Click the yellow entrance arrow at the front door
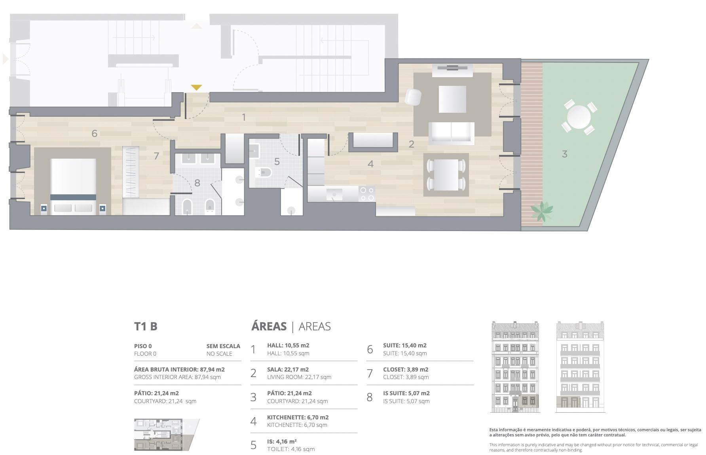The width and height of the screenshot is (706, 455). click(196, 87)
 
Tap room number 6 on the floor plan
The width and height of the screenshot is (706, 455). click(94, 133)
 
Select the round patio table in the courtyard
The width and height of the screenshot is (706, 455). click(579, 117)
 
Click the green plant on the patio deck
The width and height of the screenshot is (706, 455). click(541, 211)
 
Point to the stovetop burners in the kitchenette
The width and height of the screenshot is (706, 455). click(367, 194)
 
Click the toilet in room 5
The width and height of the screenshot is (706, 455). click(264, 173)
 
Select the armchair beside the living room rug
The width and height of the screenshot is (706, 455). click(413, 97)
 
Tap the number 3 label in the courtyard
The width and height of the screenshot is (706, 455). click(565, 154)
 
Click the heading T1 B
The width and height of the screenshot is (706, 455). click(146, 326)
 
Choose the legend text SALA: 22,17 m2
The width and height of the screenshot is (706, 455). click(288, 370)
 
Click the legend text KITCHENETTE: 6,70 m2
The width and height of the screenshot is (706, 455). click(298, 417)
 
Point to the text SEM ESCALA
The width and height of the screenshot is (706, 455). click(223, 346)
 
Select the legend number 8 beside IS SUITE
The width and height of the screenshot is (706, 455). click(370, 397)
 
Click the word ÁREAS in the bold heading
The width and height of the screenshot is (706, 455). click(269, 326)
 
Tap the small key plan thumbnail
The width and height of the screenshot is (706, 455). click(167, 434)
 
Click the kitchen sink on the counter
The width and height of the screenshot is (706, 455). click(334, 194)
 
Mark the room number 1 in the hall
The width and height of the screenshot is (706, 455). click(244, 118)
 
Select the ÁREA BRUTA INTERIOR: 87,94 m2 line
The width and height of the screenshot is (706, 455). click(179, 370)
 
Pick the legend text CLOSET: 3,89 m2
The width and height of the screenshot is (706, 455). click(406, 370)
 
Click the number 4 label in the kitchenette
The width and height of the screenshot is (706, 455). click(370, 164)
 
